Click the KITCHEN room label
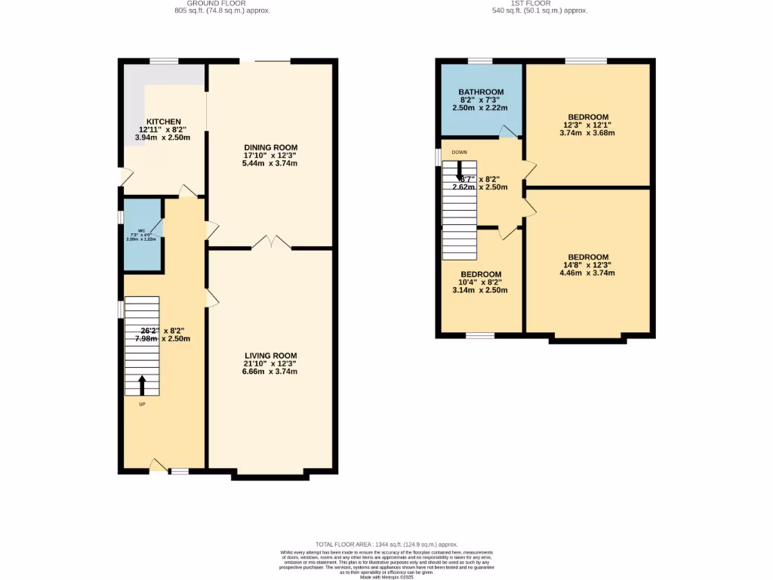163,122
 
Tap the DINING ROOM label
270,147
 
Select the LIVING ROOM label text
270,356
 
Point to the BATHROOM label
481,92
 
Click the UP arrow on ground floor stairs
142,384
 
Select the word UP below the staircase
142,405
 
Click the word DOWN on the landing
459,152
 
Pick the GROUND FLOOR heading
222,3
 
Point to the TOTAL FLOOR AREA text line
386,545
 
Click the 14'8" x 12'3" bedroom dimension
588,265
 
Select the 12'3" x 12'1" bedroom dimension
588,125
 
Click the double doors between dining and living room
270,243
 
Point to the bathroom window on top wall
480,60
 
